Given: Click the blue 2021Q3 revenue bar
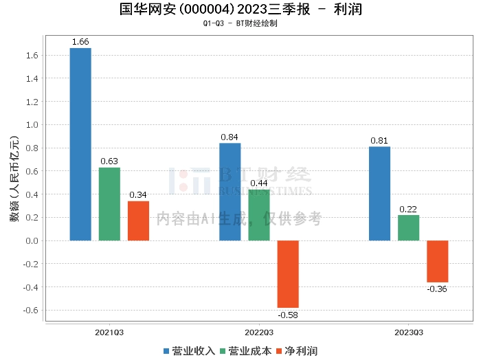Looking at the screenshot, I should [80, 144].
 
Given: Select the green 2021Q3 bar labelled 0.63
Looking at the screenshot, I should [109, 204].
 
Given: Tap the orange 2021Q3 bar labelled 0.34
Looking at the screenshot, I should [138, 221].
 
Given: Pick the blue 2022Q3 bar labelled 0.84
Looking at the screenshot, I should [230, 192].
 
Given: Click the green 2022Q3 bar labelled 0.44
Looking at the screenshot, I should [259, 215].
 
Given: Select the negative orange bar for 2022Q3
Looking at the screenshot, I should [288, 274].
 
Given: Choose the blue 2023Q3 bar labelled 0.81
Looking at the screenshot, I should [379, 194].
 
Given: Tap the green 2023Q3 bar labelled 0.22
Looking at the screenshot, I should [408, 228].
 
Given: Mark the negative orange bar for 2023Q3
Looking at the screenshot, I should [437, 261].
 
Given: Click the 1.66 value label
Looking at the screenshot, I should [80, 42].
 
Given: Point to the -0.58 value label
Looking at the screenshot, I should [287, 315].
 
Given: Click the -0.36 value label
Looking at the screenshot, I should [437, 289].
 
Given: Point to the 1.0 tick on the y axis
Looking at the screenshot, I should [31, 125].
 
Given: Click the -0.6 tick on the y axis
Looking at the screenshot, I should [30, 310].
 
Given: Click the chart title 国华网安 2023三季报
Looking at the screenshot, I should [240, 10].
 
